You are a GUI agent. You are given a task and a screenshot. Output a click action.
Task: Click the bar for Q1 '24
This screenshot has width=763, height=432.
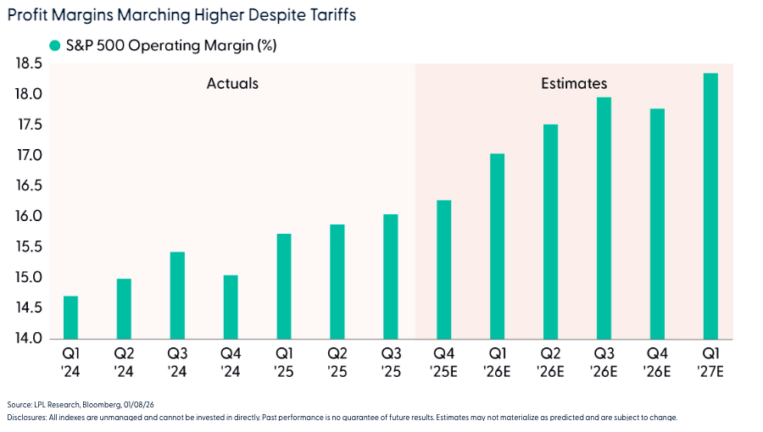pos(71,318)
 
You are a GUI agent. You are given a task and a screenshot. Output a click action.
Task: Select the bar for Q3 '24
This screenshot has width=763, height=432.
pos(176,296)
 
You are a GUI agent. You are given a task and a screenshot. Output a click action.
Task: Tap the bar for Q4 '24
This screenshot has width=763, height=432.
pos(230,307)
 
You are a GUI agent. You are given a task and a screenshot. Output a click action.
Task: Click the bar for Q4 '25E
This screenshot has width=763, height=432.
pos(443,269)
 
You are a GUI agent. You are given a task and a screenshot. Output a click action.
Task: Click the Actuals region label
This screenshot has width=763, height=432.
pos(232,83)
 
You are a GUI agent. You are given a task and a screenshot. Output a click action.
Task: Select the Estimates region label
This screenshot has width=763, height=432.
pos(574,83)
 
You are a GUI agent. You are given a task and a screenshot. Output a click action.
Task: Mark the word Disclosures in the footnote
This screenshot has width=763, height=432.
pos(26,418)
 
